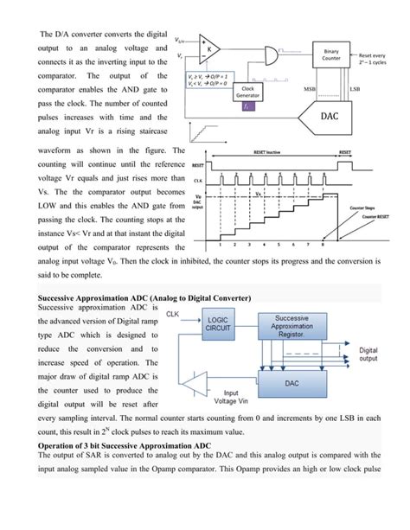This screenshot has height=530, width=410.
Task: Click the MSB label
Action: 309,89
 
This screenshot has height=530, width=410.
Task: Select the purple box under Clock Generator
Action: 247,108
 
